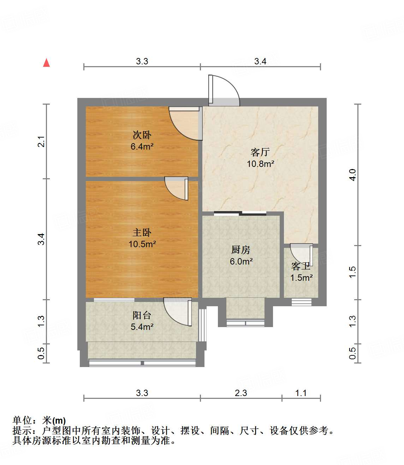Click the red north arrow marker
(x=46, y=63)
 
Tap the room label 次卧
(x=142, y=135)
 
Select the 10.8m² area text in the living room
(x=261, y=164)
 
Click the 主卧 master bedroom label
(x=142, y=233)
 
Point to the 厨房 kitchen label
(x=241, y=250)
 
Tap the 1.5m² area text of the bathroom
(x=301, y=278)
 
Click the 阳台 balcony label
(x=142, y=315)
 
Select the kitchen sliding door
(x=240, y=213)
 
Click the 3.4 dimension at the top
(x=260, y=61)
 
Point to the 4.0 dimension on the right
(x=352, y=175)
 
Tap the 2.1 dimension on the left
(x=41, y=141)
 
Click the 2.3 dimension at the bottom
(x=241, y=393)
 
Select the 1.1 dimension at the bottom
(x=301, y=393)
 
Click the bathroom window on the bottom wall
(x=301, y=302)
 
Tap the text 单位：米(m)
(x=39, y=420)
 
